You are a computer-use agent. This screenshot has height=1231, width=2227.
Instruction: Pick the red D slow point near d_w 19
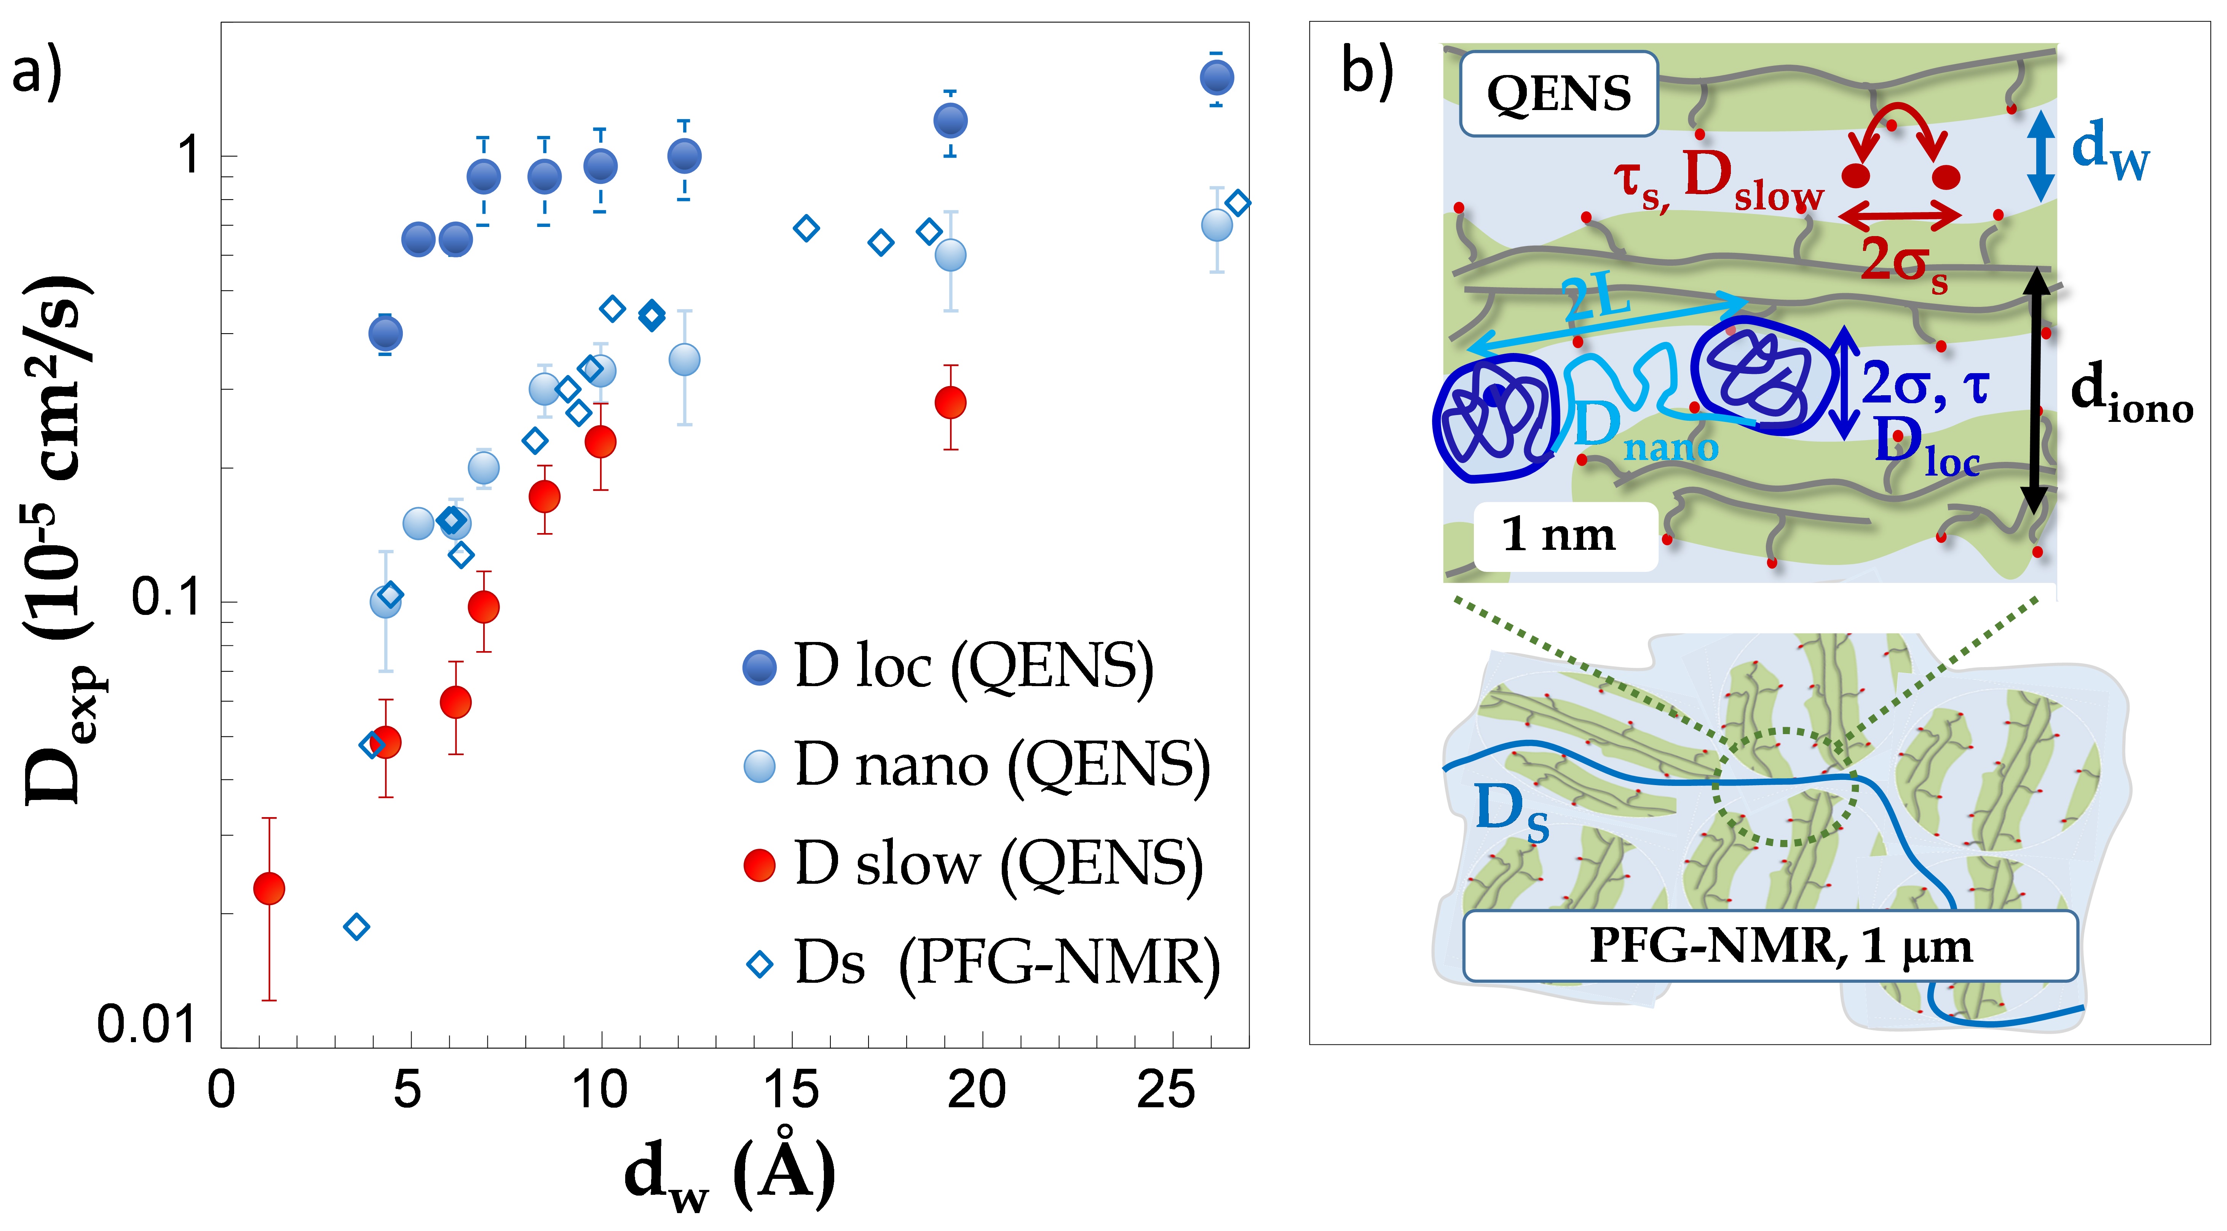(x=950, y=402)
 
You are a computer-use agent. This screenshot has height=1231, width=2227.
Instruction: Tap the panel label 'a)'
(x=36, y=71)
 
